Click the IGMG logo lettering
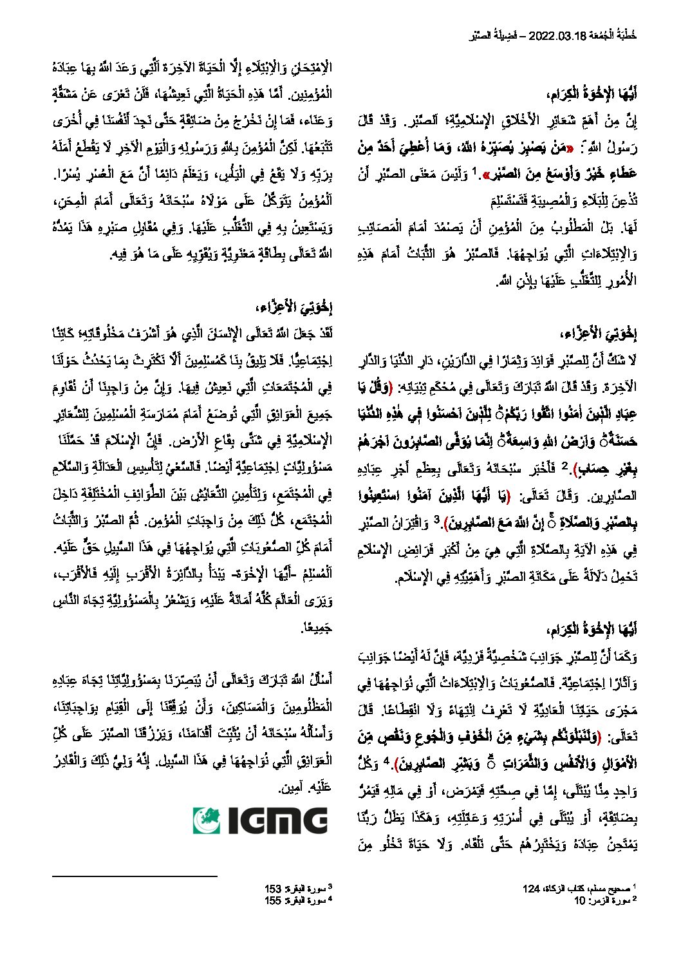pyautogui.click(x=276, y=821)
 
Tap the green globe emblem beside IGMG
pyautogui.click(x=207, y=821)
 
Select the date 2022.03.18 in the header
pyautogui.click(x=558, y=37)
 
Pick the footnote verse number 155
pyautogui.click(x=273, y=900)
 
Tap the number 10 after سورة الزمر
pyautogui.click(x=580, y=900)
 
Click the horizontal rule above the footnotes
pyautogui.click(x=135, y=876)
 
